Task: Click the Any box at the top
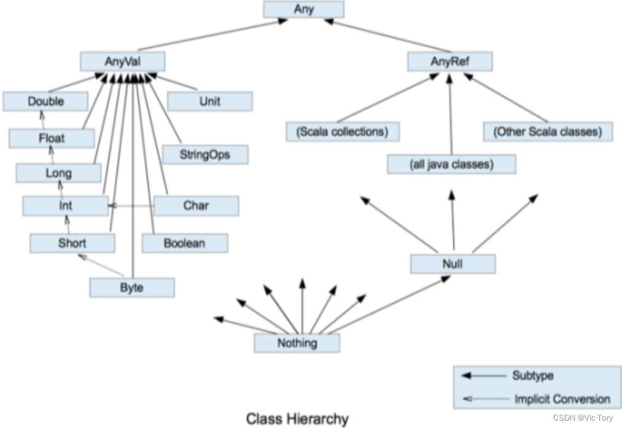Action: [304, 9]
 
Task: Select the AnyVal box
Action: [122, 61]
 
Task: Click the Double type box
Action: [45, 101]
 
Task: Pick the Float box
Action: [52, 138]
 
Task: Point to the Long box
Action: [58, 173]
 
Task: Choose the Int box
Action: [65, 206]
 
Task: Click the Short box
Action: [72, 243]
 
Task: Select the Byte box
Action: [132, 288]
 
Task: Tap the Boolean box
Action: [184, 243]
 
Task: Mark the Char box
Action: [196, 206]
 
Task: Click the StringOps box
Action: [205, 154]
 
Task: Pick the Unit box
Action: [210, 101]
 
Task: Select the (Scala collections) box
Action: [342, 132]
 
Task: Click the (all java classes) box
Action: [452, 164]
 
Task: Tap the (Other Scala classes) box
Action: [548, 132]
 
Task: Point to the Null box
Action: [452, 264]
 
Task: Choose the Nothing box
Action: [297, 343]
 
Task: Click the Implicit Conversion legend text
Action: [562, 398]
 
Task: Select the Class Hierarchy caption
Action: [297, 419]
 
